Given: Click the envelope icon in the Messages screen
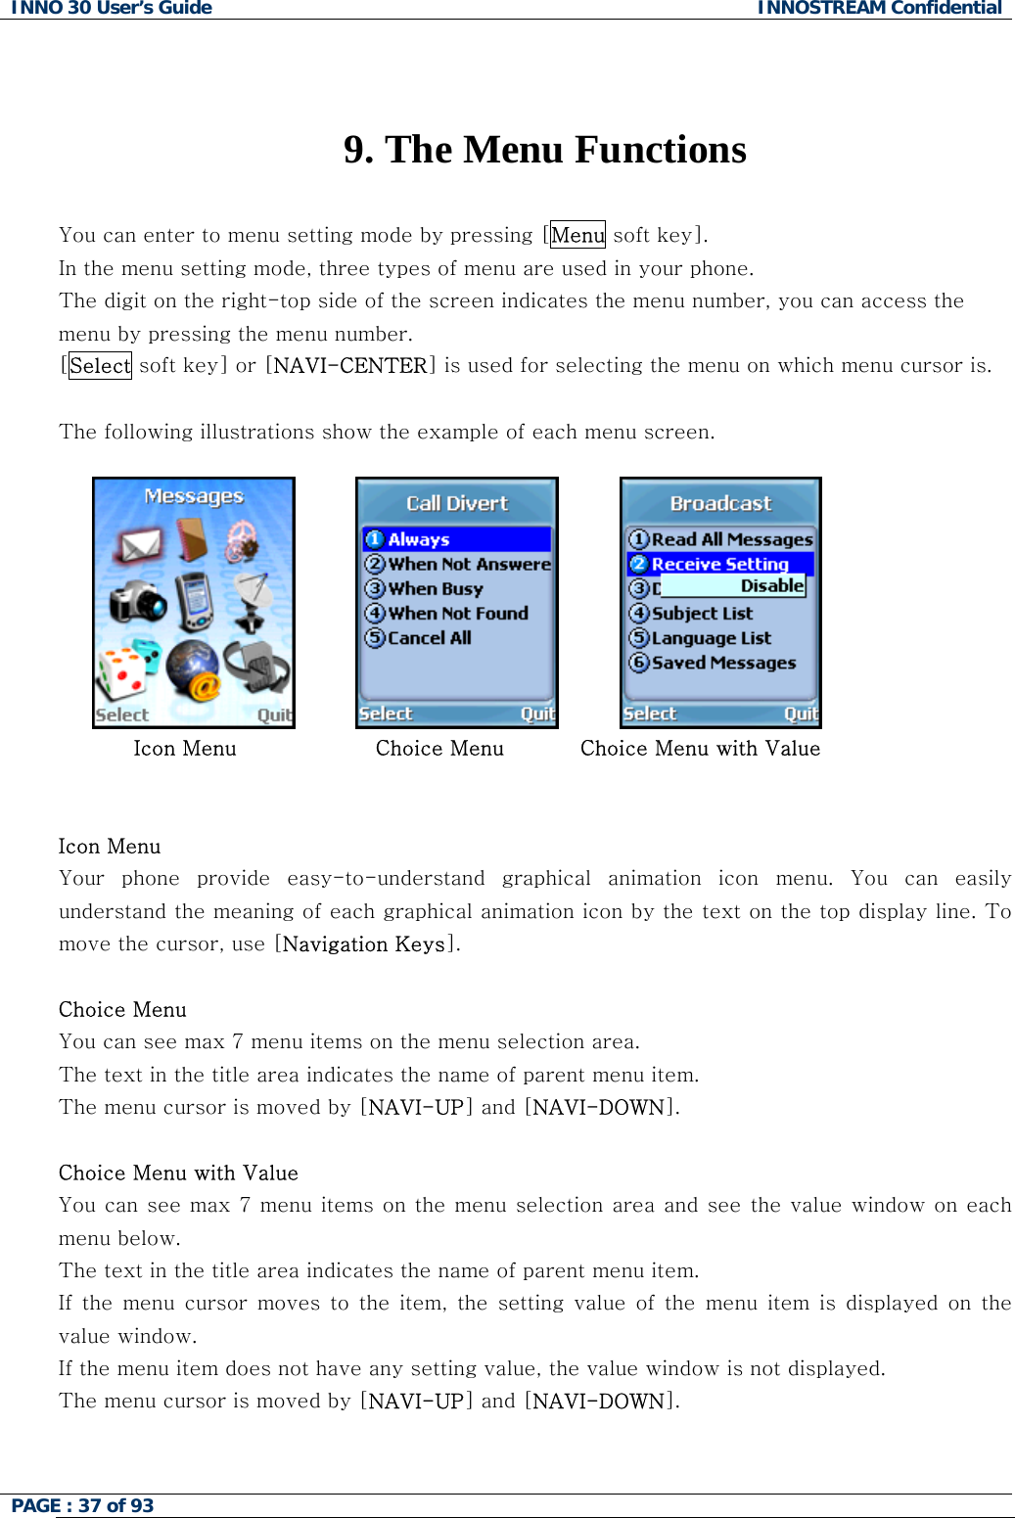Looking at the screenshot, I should [x=140, y=543].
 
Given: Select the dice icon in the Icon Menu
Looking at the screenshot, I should [x=121, y=670].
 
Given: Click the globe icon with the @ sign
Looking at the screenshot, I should [x=193, y=670].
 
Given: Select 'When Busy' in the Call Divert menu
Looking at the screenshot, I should [x=436, y=589].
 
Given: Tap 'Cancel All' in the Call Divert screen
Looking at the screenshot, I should [x=429, y=638].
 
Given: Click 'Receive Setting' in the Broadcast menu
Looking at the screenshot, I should [x=719, y=564].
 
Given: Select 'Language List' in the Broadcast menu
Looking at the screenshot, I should [x=711, y=638].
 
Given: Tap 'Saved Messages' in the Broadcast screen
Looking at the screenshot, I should [x=723, y=663].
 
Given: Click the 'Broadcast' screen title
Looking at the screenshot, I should [x=720, y=503].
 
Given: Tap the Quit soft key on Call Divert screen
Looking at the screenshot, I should [x=537, y=713].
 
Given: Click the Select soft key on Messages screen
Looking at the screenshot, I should [x=122, y=714].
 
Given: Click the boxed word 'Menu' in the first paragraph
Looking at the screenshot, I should [x=577, y=235].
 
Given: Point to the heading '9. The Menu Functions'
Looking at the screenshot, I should [x=545, y=150].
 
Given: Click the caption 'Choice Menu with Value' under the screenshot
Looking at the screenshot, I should [x=700, y=749].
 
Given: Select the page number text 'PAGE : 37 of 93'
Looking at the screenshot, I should [x=83, y=1505].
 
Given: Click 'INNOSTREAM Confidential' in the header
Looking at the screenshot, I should [x=879, y=9].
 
